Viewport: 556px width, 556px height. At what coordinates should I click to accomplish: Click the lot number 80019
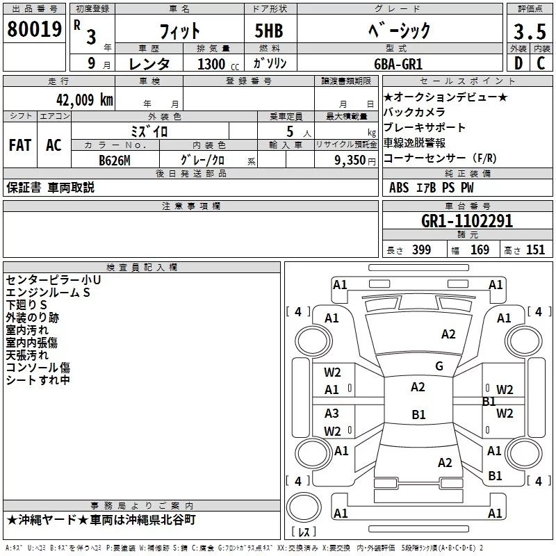[x=34, y=28]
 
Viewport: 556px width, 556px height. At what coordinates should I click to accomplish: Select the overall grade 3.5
[x=530, y=31]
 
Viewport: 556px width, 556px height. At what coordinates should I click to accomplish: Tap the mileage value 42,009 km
[x=84, y=100]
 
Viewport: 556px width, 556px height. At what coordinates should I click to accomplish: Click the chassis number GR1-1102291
[x=467, y=221]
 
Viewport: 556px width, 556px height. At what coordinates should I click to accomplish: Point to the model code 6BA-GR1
[x=398, y=64]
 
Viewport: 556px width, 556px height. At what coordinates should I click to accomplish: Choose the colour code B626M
[x=115, y=161]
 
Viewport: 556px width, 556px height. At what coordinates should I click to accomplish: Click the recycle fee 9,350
[x=350, y=161]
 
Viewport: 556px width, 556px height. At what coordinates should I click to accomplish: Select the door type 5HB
[x=269, y=31]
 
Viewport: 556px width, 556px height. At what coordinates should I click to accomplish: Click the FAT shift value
[x=20, y=145]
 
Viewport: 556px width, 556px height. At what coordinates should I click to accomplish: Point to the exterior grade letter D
[x=518, y=63]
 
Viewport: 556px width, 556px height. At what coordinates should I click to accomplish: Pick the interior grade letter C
[x=541, y=63]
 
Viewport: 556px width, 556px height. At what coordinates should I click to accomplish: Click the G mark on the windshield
[x=439, y=366]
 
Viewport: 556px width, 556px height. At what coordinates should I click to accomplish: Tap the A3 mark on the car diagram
[x=332, y=413]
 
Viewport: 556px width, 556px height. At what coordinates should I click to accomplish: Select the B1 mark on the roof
[x=418, y=414]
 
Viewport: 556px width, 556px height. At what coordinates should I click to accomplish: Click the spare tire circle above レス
[x=304, y=507]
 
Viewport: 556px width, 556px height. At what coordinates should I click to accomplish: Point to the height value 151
[x=535, y=250]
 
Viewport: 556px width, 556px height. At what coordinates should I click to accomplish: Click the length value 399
[x=421, y=250]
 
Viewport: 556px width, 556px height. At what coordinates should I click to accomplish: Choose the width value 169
[x=480, y=250]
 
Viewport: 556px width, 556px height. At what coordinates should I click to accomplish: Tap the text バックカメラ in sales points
[x=414, y=112]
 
